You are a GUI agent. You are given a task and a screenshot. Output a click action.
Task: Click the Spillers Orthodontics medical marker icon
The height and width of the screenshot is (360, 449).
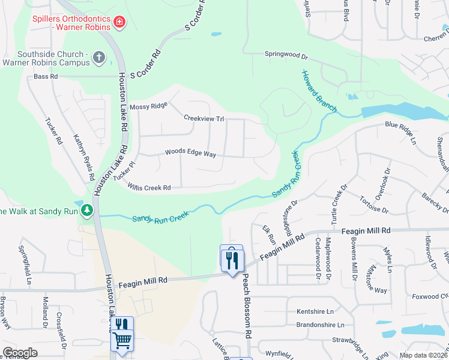click(x=120, y=23)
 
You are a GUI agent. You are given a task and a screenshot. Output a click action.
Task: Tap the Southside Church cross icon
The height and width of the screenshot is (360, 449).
click(x=99, y=58)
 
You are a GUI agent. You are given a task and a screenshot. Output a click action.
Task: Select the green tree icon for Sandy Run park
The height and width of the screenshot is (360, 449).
click(x=88, y=210)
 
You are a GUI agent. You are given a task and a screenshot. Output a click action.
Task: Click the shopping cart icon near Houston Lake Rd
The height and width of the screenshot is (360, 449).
click(x=122, y=340)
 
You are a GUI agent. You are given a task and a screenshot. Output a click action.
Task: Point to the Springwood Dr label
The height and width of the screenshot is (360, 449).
click(x=286, y=55)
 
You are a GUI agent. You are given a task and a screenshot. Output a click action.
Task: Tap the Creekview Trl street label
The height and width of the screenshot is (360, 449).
click(x=203, y=119)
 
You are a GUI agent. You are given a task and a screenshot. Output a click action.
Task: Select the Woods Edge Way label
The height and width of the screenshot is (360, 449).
click(x=190, y=154)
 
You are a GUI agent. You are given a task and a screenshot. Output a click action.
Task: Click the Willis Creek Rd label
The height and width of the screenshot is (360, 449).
click(x=149, y=188)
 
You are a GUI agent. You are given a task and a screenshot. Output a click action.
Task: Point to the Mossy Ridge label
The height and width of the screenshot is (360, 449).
click(x=148, y=106)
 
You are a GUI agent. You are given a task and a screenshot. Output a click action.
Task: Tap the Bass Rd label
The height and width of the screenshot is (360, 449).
click(x=46, y=77)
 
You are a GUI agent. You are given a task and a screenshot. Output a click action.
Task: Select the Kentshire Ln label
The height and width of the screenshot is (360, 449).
click(x=315, y=312)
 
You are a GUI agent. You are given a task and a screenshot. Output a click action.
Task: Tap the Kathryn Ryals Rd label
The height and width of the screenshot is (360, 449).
click(x=84, y=154)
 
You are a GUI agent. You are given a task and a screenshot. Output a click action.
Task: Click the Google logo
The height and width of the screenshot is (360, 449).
click(x=20, y=353)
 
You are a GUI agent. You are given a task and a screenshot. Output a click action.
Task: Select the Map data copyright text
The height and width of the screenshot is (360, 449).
click(x=424, y=355)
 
